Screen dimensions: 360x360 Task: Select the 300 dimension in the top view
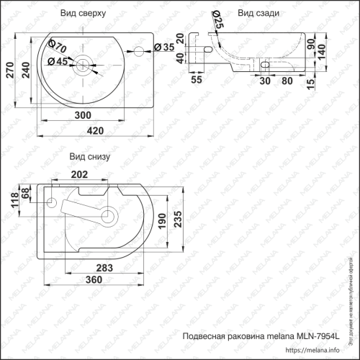pyautogui.click(x=84, y=115)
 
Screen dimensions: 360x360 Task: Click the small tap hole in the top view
pyautogui.click(x=139, y=48)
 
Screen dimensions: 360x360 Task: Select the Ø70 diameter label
pyautogui.click(x=58, y=46)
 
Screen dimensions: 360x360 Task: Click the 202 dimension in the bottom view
pyautogui.click(x=81, y=174)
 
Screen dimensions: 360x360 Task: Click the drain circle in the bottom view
pyautogui.click(x=110, y=214)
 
